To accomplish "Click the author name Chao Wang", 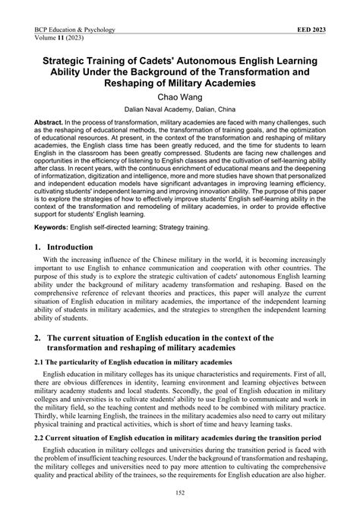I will click(179, 98).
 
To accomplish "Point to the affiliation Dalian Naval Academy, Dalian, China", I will click(179, 110).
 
